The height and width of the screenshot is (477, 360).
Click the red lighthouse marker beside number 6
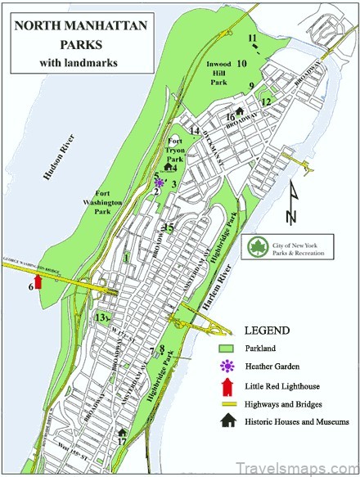(38, 284)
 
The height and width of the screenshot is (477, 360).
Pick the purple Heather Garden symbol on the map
(159, 182)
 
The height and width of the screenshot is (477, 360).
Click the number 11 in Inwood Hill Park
(253, 38)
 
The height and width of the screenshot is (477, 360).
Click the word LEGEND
(266, 331)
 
